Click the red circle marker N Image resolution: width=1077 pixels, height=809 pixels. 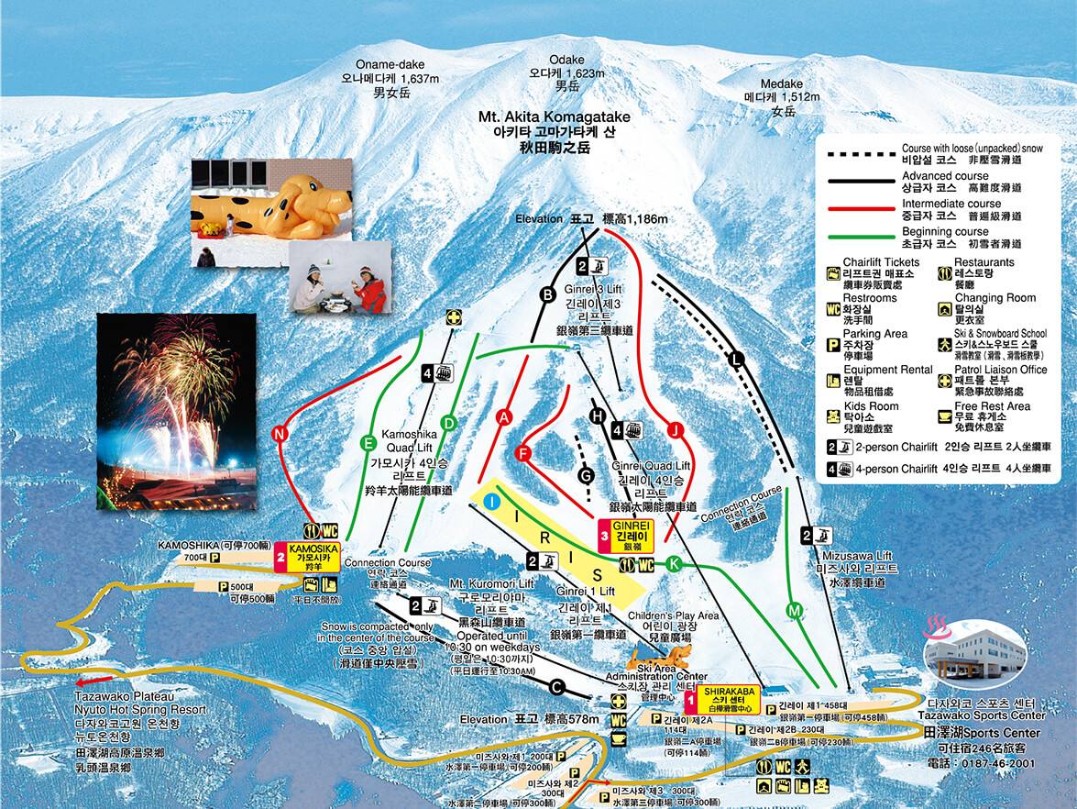pyautogui.click(x=280, y=433)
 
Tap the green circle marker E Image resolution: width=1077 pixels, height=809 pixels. pyautogui.click(x=369, y=442)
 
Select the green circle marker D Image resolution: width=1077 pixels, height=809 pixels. pyautogui.click(x=449, y=422)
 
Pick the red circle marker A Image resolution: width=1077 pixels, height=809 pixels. pyautogui.click(x=502, y=416)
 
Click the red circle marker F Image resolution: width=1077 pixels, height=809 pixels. pyautogui.click(x=523, y=453)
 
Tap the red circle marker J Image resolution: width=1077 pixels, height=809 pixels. pyautogui.click(x=676, y=429)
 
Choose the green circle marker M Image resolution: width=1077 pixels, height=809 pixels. pyautogui.click(x=794, y=609)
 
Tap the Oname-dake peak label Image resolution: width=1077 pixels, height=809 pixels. pyautogui.click(x=390, y=79)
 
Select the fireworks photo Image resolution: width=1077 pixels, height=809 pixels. pyautogui.click(x=176, y=411)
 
